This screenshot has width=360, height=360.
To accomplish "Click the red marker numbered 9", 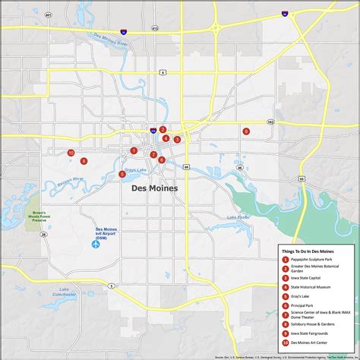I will [246, 131].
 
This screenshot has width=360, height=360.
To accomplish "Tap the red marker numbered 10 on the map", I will [71, 153].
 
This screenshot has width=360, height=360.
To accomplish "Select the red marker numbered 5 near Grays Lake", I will [122, 174].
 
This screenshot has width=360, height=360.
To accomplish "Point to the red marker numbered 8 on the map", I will [84, 161].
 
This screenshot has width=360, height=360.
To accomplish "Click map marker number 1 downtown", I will [134, 150].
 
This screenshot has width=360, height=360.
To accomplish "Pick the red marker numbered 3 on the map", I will [177, 139].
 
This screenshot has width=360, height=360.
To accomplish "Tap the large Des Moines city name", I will [154, 188].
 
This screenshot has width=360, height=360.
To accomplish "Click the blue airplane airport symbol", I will [96, 245].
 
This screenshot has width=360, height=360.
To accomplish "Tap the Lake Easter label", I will [238, 218].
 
